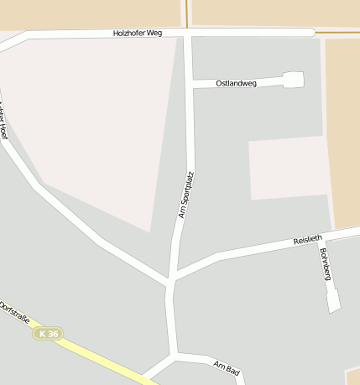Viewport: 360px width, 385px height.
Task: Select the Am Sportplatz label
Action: point(186,195)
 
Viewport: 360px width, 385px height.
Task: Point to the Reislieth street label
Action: point(307,240)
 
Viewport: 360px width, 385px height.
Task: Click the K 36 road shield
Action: point(48,333)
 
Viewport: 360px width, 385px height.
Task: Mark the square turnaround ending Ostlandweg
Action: point(293,80)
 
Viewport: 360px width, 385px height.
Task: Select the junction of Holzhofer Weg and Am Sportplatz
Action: point(187,34)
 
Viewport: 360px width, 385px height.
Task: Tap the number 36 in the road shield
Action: point(53,334)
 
